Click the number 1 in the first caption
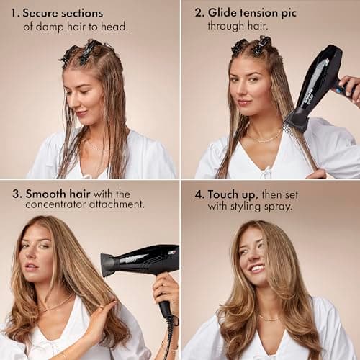pos(14,13)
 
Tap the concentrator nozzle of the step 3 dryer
pos(109,264)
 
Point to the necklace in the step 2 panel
pos(265,137)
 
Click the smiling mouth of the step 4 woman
pos(257,269)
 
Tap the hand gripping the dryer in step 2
pos(349,89)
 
